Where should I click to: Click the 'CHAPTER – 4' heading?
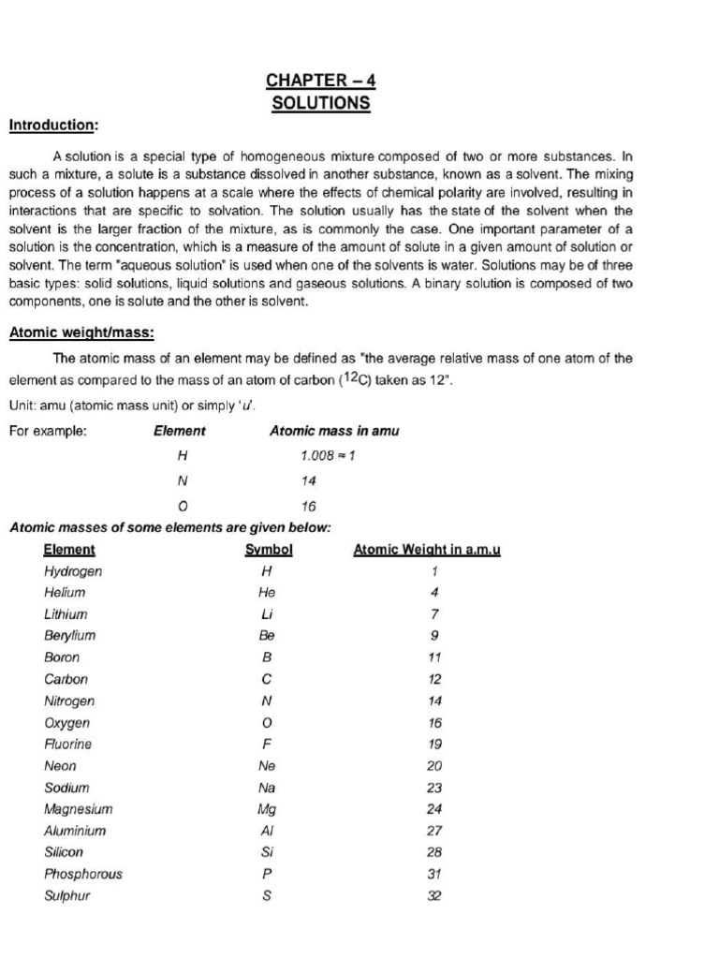pyautogui.click(x=321, y=81)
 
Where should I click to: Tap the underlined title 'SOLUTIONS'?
pyautogui.click(x=321, y=103)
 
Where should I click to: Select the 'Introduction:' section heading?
pyautogui.click(x=53, y=125)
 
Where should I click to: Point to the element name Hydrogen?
pyautogui.click(x=73, y=570)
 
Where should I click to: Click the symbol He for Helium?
pyautogui.click(x=267, y=593)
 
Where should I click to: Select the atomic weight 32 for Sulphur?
pyautogui.click(x=434, y=895)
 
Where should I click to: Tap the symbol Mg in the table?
pyautogui.click(x=267, y=809)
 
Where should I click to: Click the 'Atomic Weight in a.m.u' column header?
pyautogui.click(x=427, y=550)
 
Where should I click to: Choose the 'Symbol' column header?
pyautogui.click(x=269, y=550)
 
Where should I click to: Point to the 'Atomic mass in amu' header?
pyautogui.click(x=334, y=431)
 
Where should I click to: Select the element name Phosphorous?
pyautogui.click(x=83, y=874)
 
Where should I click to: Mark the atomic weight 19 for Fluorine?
pyautogui.click(x=434, y=745)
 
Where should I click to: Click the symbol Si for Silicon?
pyautogui.click(x=267, y=852)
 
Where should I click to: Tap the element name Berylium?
pyautogui.click(x=70, y=635)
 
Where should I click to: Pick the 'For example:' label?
pyautogui.click(x=48, y=431)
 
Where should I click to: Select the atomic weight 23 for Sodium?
pyautogui.click(x=434, y=788)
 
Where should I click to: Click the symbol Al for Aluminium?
pyautogui.click(x=267, y=831)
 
